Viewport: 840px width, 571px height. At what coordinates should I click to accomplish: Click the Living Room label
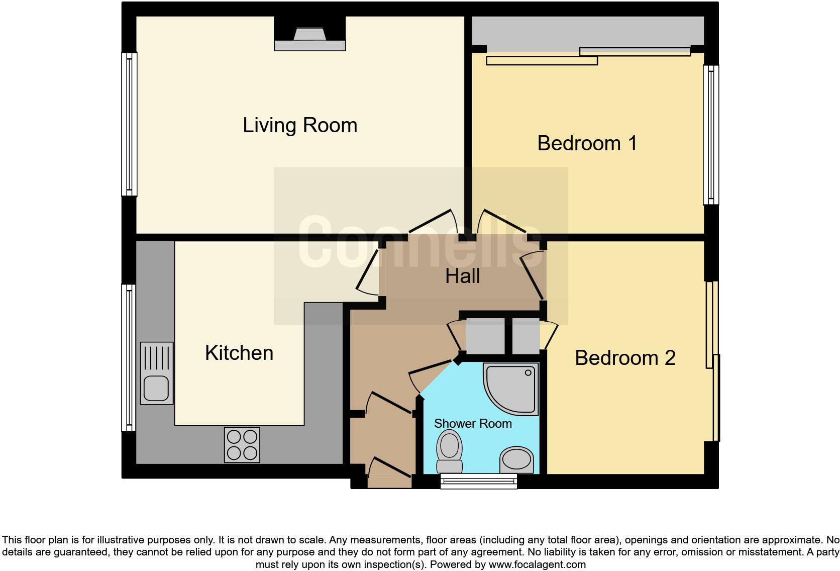point(300,125)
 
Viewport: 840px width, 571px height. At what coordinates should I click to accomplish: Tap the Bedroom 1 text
point(587,143)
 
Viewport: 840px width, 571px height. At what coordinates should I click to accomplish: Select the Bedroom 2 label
point(624,358)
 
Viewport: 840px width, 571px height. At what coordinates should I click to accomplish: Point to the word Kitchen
point(239,353)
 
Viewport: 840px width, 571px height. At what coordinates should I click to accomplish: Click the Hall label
point(462,276)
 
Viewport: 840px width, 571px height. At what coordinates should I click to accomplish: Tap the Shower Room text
point(473,424)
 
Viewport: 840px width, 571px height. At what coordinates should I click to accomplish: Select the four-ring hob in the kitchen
point(242,445)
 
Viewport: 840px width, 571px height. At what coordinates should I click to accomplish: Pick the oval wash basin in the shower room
point(517,459)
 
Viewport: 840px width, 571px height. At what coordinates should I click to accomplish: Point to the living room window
point(130,124)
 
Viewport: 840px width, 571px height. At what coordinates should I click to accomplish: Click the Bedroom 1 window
point(711,135)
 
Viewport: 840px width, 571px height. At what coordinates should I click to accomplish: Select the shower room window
point(478,481)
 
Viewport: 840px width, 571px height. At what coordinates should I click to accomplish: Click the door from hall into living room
point(433,221)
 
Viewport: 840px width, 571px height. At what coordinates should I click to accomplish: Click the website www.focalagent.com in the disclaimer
point(537,564)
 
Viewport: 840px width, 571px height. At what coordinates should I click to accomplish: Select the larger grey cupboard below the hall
point(485,335)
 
